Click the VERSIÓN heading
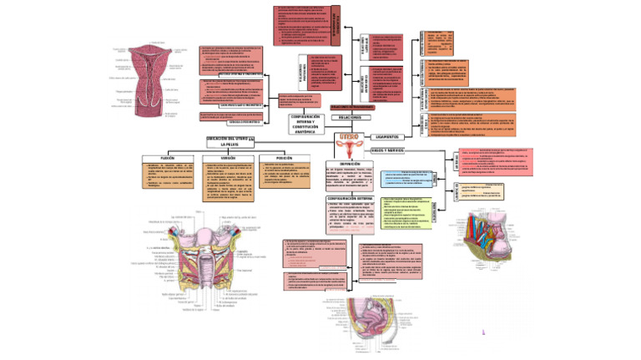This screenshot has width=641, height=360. tap(228, 157)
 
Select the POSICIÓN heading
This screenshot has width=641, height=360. tap(280, 157)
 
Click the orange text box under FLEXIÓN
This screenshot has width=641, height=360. tap(166, 178)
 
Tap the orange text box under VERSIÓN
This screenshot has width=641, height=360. tap(228, 183)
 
